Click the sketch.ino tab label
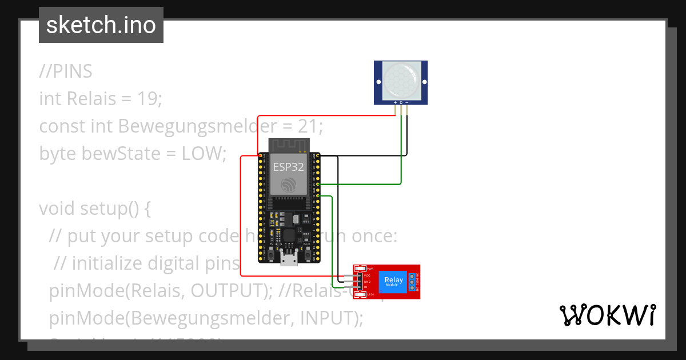pos(101,25)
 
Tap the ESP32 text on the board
pos(288,167)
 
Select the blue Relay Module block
pos(393,281)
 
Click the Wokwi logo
pos(607,314)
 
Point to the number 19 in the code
pos(151,98)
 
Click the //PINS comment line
pos(66,71)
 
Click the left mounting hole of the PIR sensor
pos(378,82)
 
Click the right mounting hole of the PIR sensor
pos(423,82)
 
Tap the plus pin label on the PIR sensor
pos(395,103)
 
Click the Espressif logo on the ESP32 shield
pos(288,185)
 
